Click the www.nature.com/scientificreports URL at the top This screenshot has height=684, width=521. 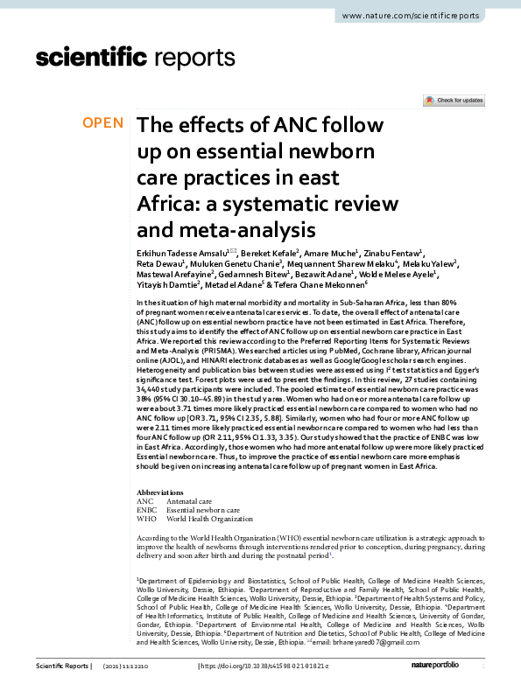tap(424, 17)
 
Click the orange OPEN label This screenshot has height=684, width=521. tap(103, 122)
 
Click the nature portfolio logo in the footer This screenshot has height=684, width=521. tap(441, 667)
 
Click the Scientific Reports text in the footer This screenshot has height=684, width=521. tap(61, 667)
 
